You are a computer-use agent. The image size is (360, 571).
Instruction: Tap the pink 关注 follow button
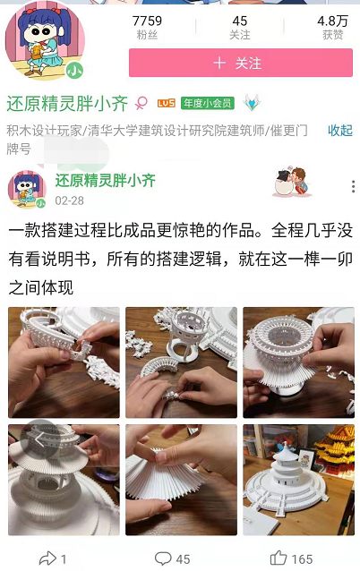click(x=241, y=63)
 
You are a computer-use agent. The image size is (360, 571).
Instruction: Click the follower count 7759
click(x=147, y=21)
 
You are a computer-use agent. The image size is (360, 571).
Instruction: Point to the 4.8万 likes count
click(x=332, y=21)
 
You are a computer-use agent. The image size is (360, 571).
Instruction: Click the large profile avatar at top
click(x=45, y=40)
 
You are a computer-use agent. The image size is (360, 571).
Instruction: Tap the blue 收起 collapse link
click(x=340, y=131)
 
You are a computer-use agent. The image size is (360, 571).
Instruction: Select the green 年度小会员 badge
click(x=208, y=104)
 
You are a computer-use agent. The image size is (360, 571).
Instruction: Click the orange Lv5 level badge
click(x=167, y=104)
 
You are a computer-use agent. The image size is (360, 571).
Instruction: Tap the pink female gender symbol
click(x=141, y=103)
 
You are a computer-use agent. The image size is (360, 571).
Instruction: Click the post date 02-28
click(x=69, y=200)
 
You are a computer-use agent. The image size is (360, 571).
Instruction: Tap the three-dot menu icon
click(x=353, y=186)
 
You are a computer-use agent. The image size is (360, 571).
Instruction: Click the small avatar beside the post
click(x=27, y=190)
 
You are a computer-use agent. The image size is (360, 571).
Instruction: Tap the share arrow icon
click(x=47, y=558)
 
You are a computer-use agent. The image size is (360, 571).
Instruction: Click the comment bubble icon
click(x=163, y=558)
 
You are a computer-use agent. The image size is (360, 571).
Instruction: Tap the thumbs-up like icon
click(x=279, y=558)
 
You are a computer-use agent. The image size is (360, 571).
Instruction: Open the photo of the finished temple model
click(x=298, y=480)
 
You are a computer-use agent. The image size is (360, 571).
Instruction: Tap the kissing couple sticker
click(x=292, y=182)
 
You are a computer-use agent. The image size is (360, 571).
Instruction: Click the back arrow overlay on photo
click(x=39, y=440)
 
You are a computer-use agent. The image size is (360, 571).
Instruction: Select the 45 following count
click(x=240, y=21)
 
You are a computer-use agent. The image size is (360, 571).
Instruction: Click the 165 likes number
click(x=302, y=559)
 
